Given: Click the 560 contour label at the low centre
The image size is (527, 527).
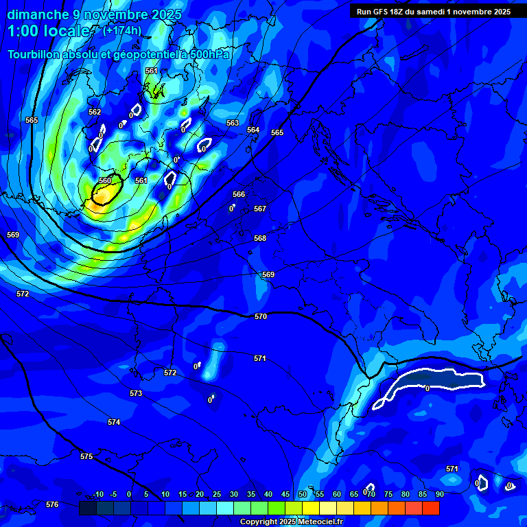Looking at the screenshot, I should pos(104,180).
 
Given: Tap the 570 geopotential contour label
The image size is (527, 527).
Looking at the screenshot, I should pos(261,316).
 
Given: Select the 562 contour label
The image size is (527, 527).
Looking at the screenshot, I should pos(95,112).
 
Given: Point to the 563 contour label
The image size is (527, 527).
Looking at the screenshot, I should pos(233,123).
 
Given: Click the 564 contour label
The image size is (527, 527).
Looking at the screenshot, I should pos(253,130).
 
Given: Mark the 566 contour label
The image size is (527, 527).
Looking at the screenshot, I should pos(239,194).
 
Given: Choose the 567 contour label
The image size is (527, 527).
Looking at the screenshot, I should pos(260,209).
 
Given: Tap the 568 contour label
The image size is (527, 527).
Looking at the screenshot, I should pos(260,238).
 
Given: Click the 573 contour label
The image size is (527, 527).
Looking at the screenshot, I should pos(136,393).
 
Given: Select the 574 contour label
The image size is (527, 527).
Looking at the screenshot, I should pos(114,422).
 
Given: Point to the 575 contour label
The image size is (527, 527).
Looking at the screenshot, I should pos(86,456).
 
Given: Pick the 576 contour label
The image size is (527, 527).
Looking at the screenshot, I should pos(52,504).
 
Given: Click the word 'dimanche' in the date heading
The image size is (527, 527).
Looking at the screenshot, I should pos(38,14).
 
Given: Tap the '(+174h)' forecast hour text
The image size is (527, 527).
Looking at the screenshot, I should pos(122,30).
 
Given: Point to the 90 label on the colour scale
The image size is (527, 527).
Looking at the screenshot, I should pos(439,494).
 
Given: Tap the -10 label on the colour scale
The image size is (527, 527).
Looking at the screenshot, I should pos(97,494).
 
